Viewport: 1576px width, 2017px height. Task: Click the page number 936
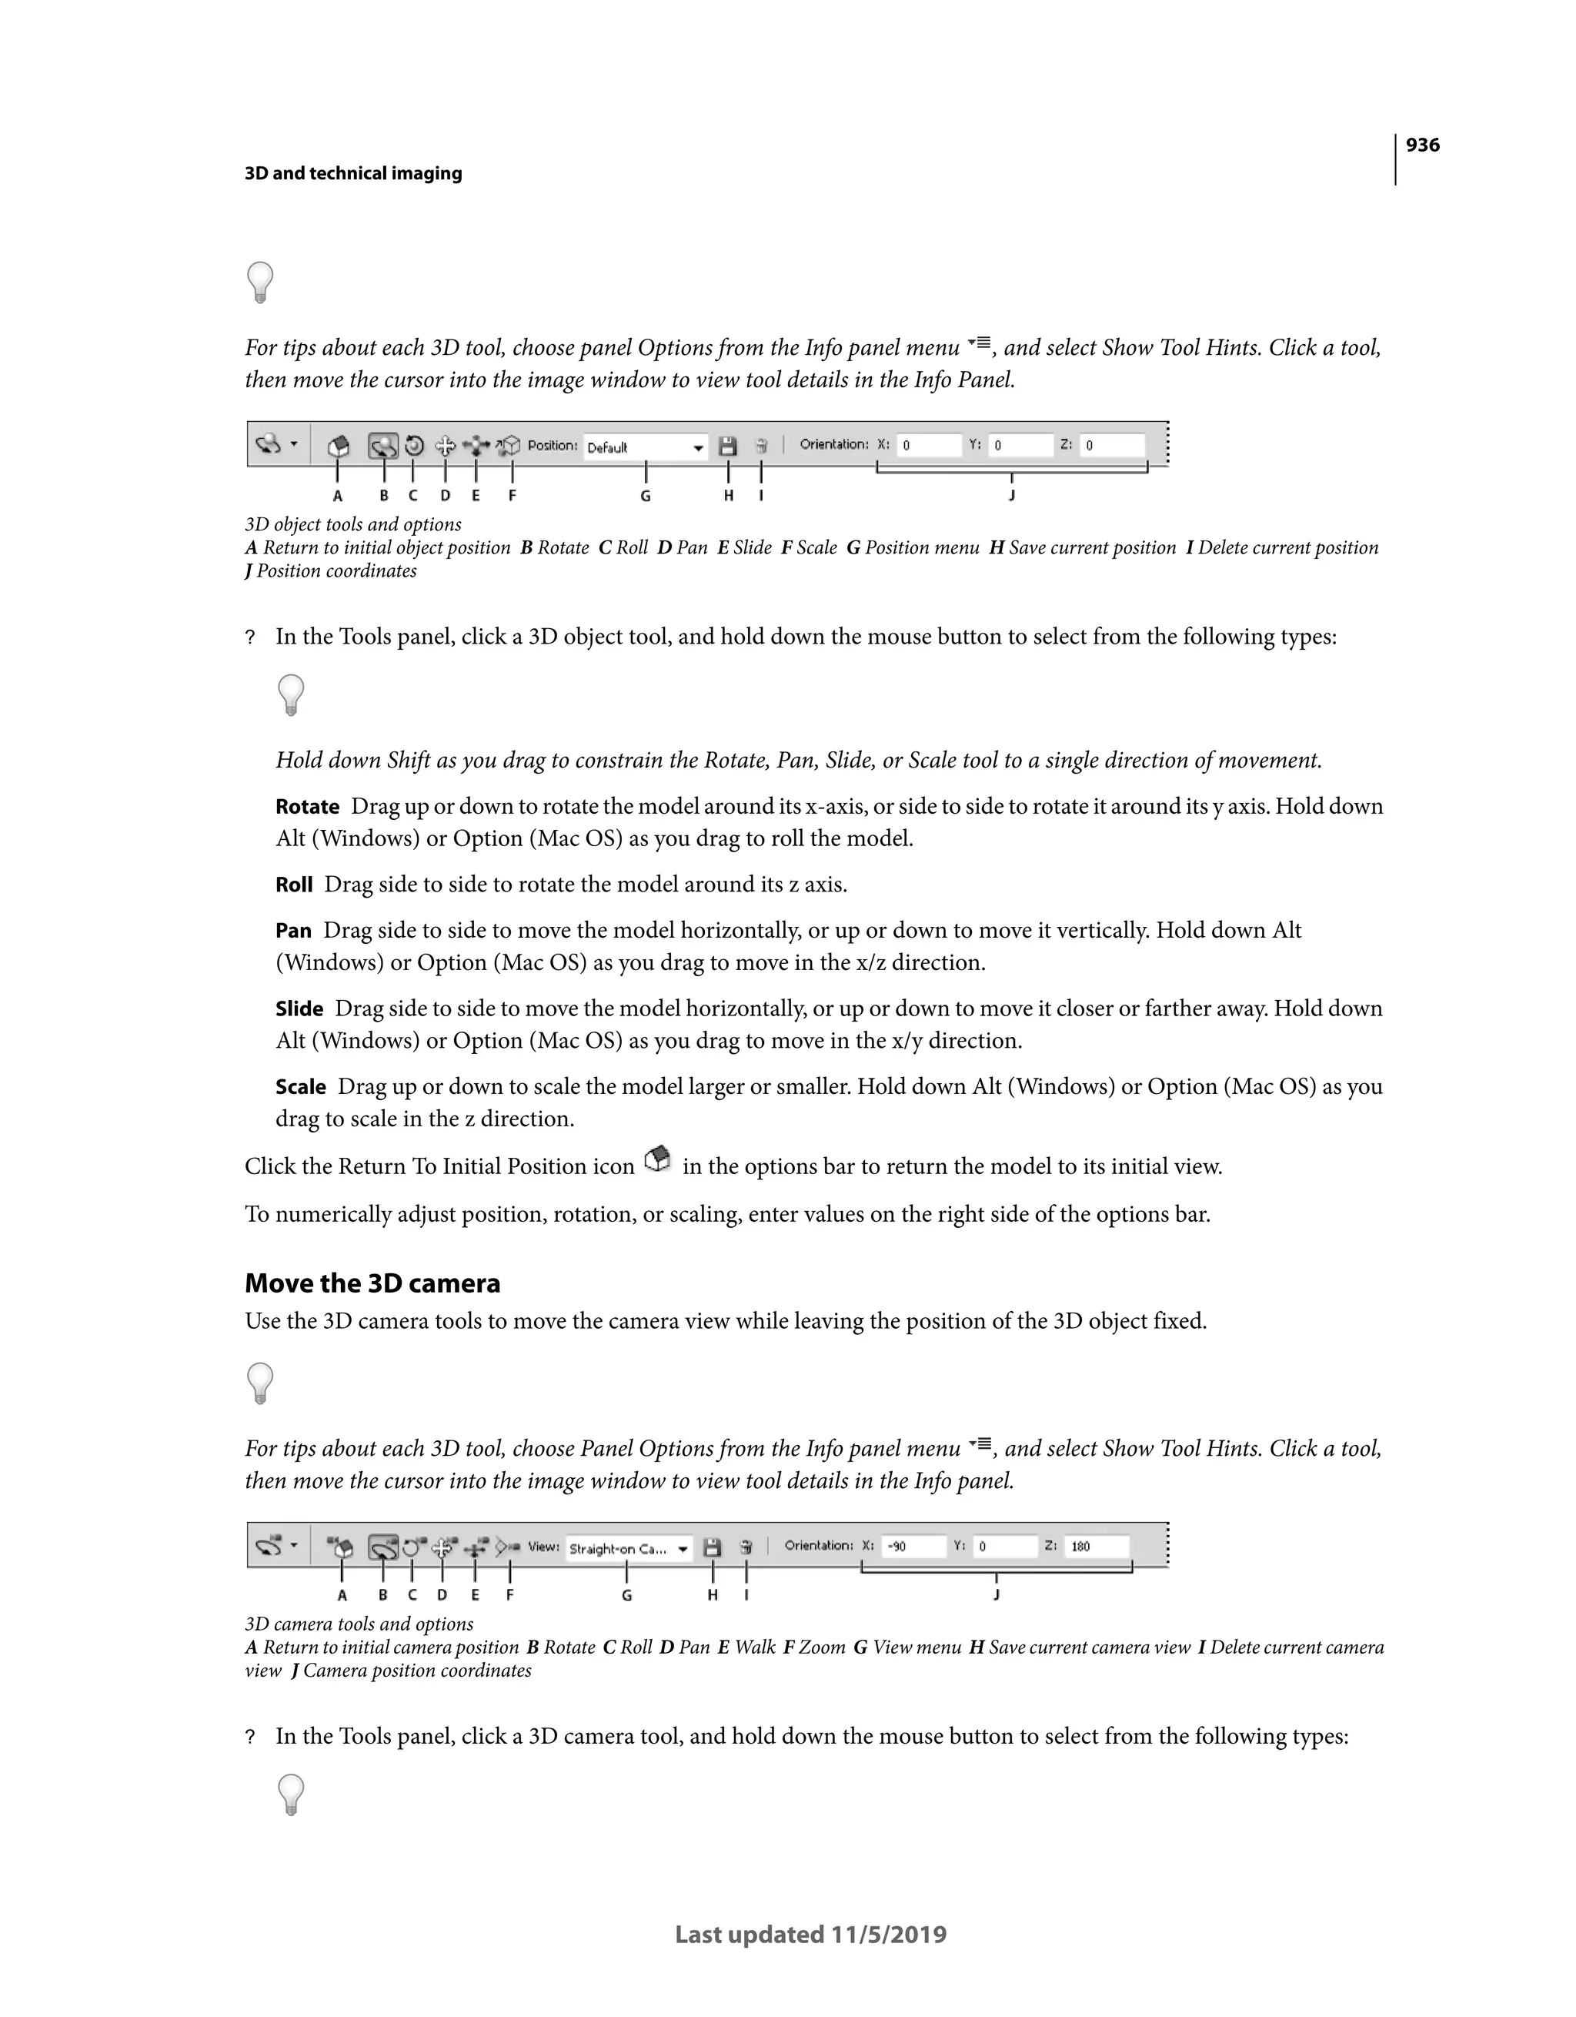coord(1422,145)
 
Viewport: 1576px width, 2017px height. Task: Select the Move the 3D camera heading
coord(372,1283)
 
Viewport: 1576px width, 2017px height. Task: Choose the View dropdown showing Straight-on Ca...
coord(629,1549)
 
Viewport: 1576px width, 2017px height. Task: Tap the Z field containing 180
coord(1096,1546)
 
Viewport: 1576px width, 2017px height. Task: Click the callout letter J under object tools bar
coord(1012,495)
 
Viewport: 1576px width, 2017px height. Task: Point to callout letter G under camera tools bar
coord(627,1595)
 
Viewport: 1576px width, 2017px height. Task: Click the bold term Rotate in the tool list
coord(308,807)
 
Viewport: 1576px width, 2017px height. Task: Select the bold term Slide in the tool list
coord(299,1009)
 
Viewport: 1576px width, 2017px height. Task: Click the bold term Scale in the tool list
coord(301,1087)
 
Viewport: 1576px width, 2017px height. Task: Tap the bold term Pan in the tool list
coord(294,931)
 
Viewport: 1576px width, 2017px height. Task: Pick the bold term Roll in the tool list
coord(295,885)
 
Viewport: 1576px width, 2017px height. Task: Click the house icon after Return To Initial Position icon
coord(658,1160)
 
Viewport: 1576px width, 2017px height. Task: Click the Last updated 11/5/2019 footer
coord(810,1934)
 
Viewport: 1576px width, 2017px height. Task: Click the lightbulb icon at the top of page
coord(260,283)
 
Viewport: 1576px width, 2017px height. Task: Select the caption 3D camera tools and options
coord(359,1624)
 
